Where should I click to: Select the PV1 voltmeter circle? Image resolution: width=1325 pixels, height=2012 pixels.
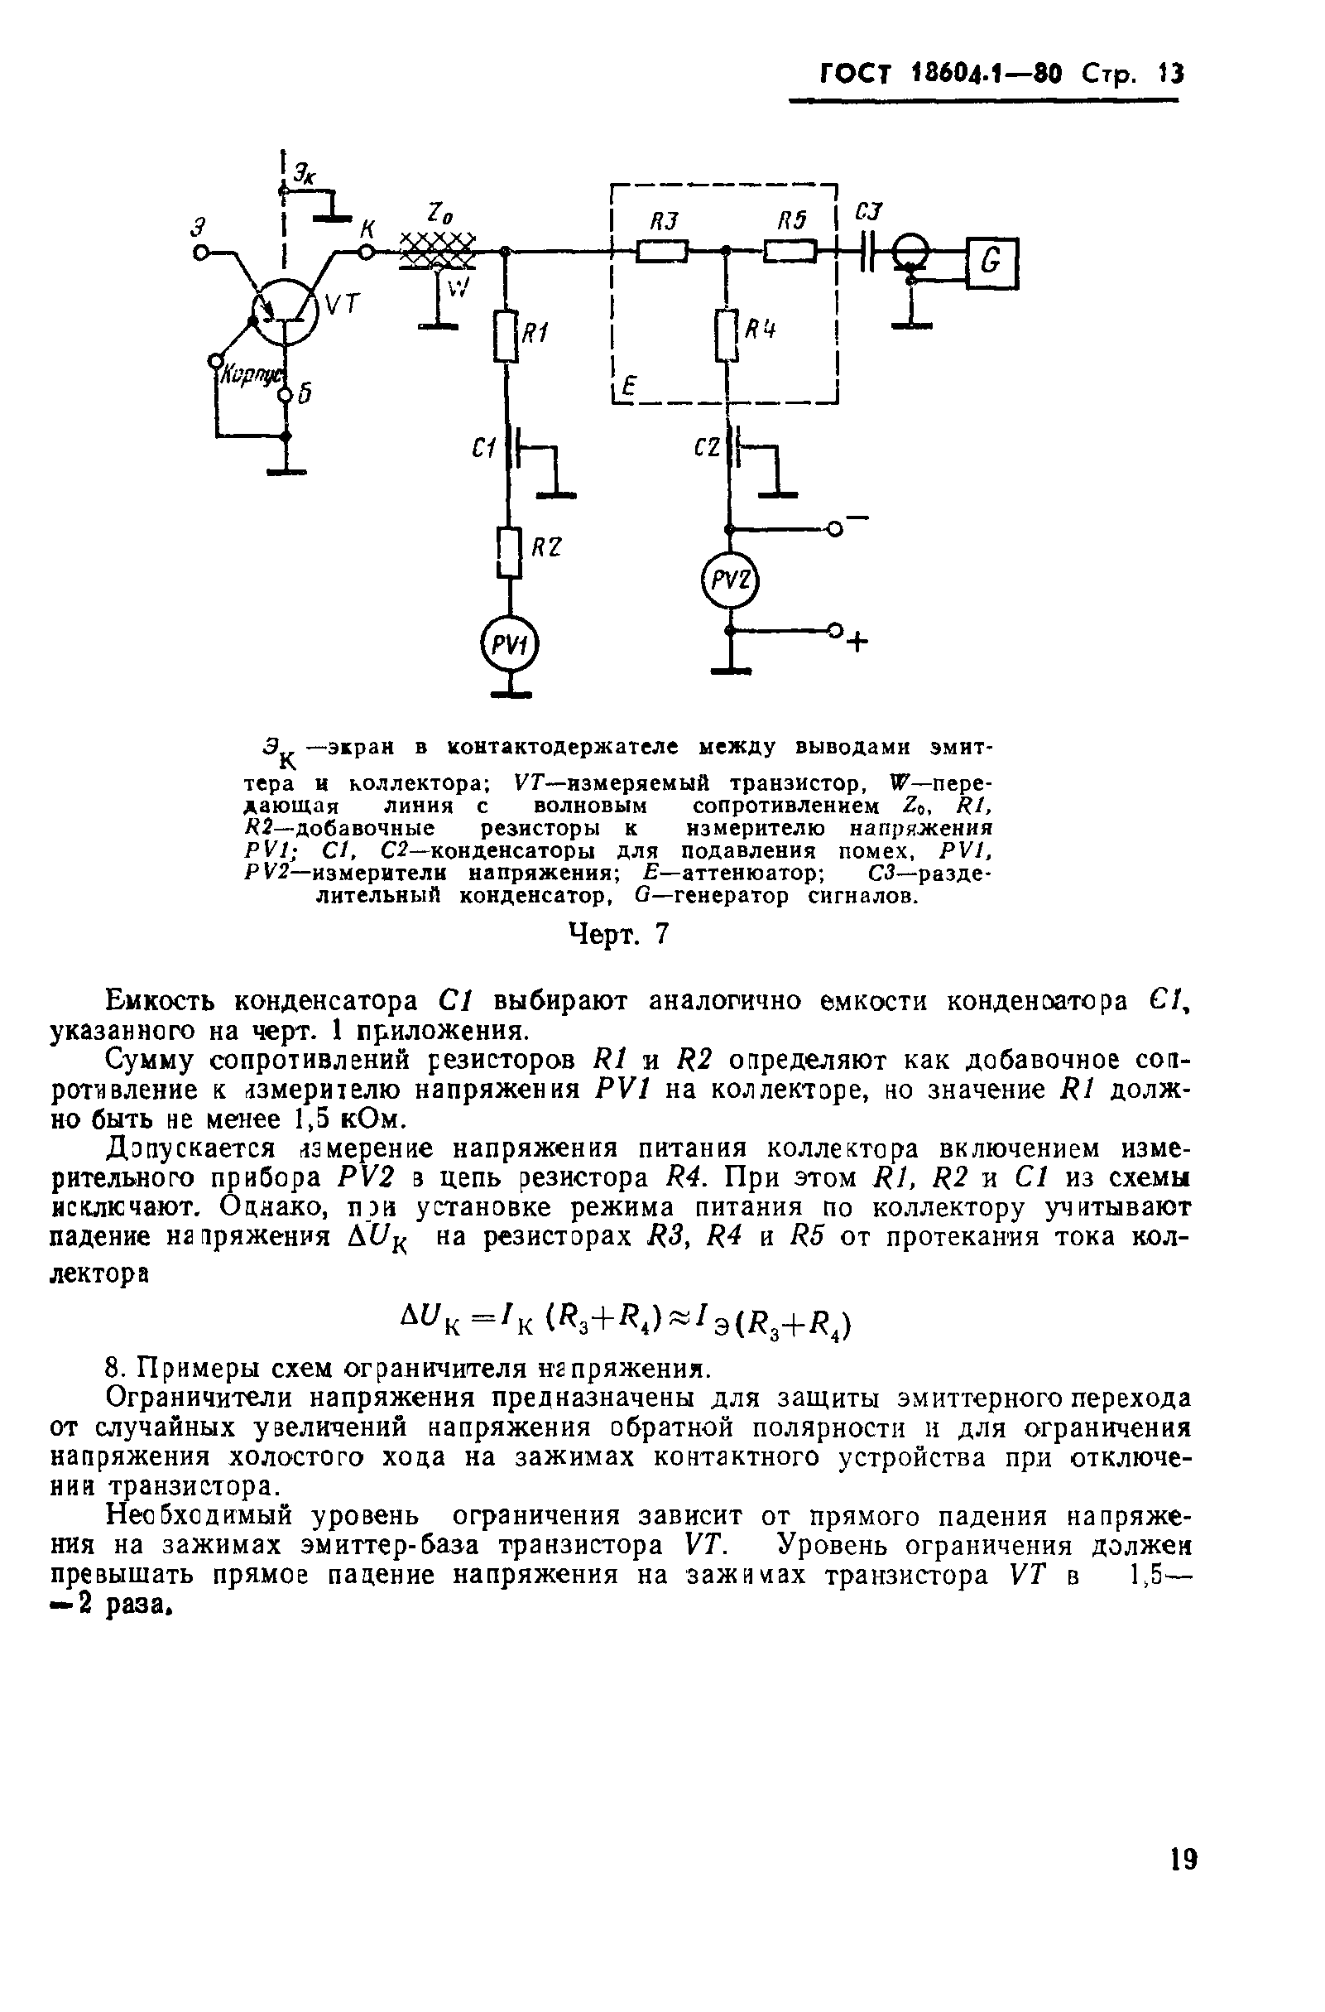tap(508, 646)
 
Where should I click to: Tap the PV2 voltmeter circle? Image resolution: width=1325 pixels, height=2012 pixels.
tap(731, 580)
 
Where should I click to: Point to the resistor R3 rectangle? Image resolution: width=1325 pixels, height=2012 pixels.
tap(661, 251)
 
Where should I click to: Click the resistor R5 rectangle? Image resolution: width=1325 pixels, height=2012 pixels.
tap(790, 251)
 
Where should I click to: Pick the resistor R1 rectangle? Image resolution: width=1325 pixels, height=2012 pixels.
tap(506, 335)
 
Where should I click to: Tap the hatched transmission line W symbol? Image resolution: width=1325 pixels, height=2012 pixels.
tap(436, 250)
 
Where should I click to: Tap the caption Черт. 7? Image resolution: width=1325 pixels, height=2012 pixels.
tap(617, 934)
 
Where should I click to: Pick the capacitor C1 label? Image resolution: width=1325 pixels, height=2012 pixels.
tap(484, 449)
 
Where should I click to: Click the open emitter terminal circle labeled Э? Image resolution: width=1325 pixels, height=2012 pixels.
tap(201, 252)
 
